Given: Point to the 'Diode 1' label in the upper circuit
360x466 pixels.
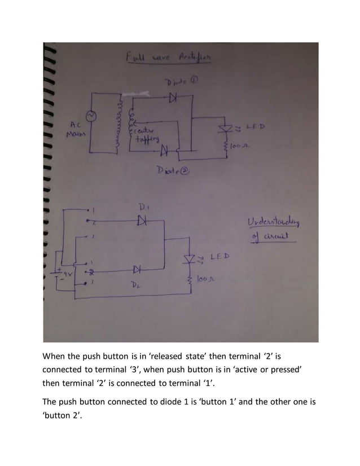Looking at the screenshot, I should (x=180, y=83).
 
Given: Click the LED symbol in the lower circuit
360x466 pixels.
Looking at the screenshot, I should (x=190, y=259).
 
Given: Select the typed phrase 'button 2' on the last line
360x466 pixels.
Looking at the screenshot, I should (x=63, y=417).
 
